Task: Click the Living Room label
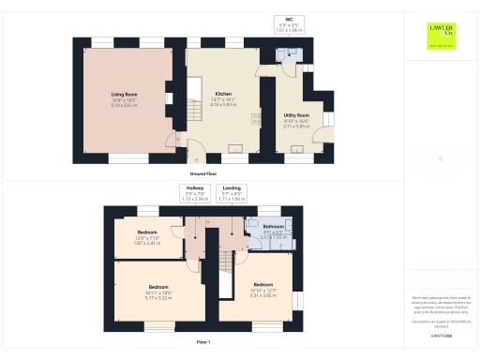(126, 98)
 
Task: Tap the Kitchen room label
(224, 98)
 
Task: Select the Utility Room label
(296, 119)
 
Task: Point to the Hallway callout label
(194, 193)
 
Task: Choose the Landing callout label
(231, 193)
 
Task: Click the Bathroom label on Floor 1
(274, 231)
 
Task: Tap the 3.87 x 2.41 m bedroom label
(148, 235)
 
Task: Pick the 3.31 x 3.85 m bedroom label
(262, 288)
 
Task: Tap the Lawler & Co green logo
(440, 34)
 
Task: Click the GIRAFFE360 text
(439, 335)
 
